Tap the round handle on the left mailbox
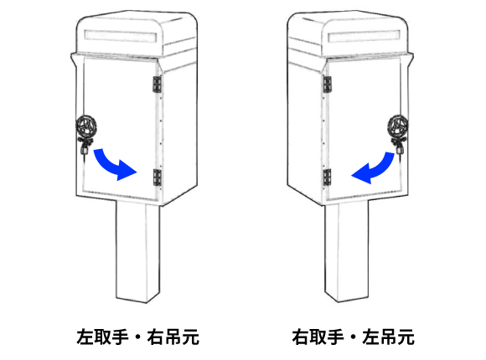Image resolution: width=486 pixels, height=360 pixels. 85,126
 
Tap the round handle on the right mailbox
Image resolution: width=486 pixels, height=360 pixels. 398,126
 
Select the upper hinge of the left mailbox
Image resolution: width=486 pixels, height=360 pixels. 158,85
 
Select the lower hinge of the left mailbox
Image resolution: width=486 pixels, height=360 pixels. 158,177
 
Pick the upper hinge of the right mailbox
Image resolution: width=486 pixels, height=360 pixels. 327,85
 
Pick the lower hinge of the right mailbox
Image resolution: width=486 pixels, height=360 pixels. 327,177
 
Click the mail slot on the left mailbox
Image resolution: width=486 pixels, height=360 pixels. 121,36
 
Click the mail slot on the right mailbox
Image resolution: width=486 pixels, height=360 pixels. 364,36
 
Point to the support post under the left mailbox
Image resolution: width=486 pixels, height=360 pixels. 138,251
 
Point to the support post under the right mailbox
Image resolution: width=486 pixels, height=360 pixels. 347,251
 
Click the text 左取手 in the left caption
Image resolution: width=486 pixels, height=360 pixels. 102,337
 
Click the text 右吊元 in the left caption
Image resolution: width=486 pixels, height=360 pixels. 173,337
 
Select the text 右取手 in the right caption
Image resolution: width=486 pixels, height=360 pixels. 318,337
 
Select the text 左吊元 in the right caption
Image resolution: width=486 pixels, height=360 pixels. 388,337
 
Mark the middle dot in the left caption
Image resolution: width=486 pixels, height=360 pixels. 138,337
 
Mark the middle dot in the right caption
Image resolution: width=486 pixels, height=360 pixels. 354,337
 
